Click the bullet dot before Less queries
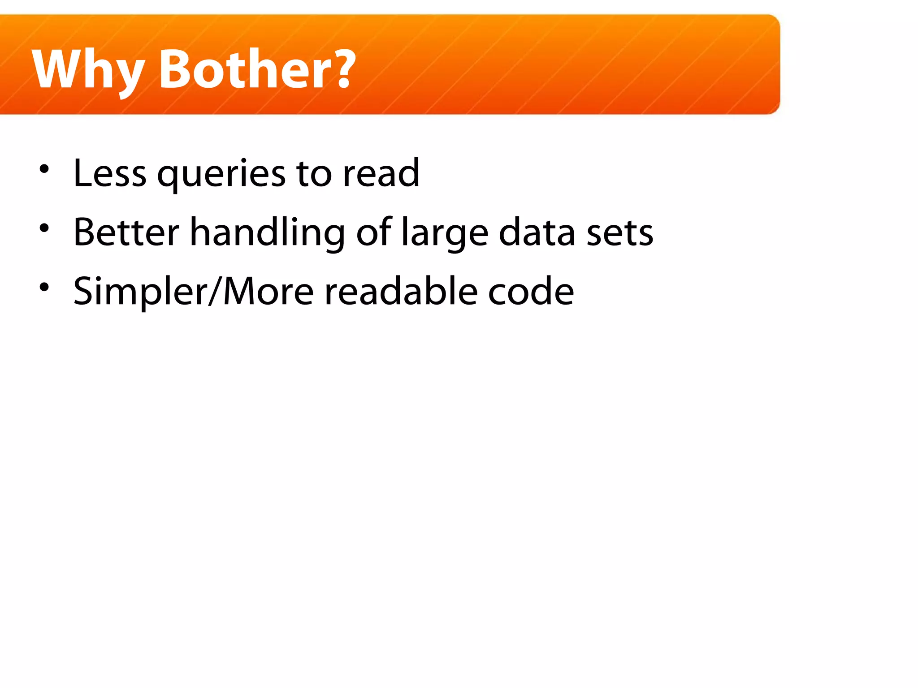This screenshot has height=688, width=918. tap(44, 169)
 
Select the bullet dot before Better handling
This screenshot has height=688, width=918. tap(44, 228)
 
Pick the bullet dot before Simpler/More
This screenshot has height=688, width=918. tap(44, 287)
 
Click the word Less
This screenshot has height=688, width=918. tap(110, 173)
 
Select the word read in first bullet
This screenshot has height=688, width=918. tap(381, 173)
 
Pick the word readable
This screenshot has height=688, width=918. tap(401, 291)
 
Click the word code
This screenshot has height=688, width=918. tap(531, 291)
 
